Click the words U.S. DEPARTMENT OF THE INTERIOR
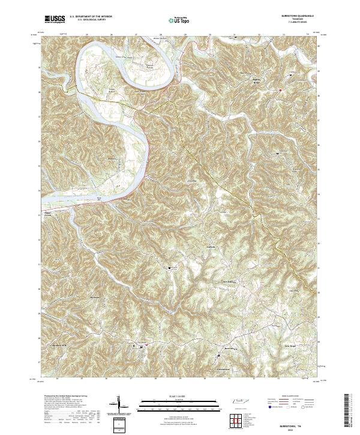pyautogui.click(x=91, y=17)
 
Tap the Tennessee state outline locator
pyautogui.click(x=240, y=401)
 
